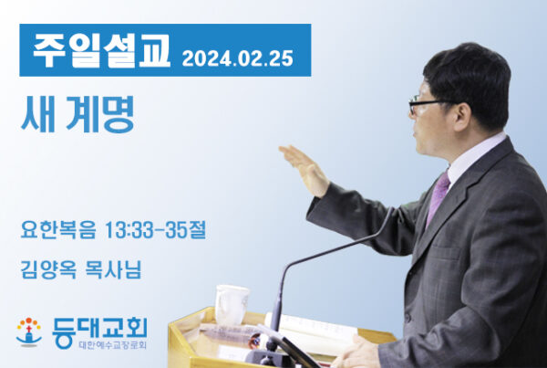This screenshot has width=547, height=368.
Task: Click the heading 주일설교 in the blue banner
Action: (x=101, y=51)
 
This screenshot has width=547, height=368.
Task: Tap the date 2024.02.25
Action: (x=238, y=58)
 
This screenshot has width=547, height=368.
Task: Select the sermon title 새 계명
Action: (x=77, y=114)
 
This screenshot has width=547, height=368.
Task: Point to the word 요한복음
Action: (x=58, y=229)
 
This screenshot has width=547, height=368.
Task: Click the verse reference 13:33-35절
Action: (x=155, y=229)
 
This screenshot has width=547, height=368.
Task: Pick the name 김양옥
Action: (x=48, y=269)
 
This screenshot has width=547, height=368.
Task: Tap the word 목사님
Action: (x=113, y=269)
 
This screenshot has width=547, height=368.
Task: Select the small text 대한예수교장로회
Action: (x=113, y=345)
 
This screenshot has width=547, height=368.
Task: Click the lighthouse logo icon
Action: (x=29, y=332)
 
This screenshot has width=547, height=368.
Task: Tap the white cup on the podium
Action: (x=232, y=305)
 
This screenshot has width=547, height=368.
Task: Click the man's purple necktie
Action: (x=438, y=196)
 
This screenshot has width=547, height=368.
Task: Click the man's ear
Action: (x=463, y=117)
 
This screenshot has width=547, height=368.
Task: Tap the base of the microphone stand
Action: (x=264, y=357)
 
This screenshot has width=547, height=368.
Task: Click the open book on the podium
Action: (x=311, y=331)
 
